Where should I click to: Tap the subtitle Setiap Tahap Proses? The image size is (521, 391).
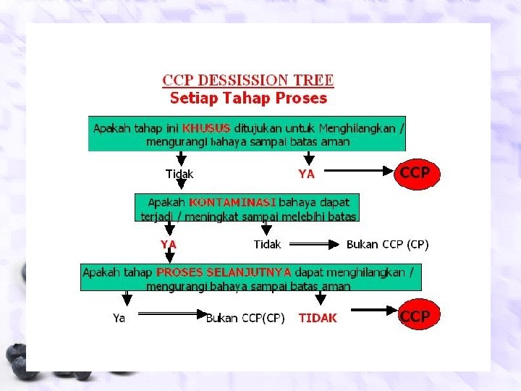pyautogui.click(x=248, y=98)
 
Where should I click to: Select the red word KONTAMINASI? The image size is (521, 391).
pyautogui.click(x=227, y=201)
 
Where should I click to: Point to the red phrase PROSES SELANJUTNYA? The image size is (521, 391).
pyautogui.click(x=224, y=272)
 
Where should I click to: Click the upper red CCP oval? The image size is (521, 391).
pyautogui.click(x=415, y=173)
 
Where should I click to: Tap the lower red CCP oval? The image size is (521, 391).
pyautogui.click(x=415, y=316)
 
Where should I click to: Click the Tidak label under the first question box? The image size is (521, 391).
pyautogui.click(x=179, y=174)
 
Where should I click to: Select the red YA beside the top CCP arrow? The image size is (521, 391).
pyautogui.click(x=307, y=174)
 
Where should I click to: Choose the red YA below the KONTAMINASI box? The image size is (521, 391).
pyautogui.click(x=169, y=245)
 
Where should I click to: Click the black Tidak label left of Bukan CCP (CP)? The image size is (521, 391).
pyautogui.click(x=268, y=245)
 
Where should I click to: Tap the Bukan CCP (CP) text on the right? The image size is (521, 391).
pyautogui.click(x=387, y=245)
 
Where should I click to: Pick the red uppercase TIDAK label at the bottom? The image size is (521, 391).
pyautogui.click(x=318, y=318)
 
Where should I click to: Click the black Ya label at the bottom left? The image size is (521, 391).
pyautogui.click(x=119, y=318)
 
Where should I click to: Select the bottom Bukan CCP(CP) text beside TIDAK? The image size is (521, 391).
pyautogui.click(x=246, y=318)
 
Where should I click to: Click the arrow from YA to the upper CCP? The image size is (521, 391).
pyautogui.click(x=357, y=172)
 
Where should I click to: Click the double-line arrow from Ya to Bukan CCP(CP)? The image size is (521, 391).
pyautogui.click(x=171, y=314)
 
